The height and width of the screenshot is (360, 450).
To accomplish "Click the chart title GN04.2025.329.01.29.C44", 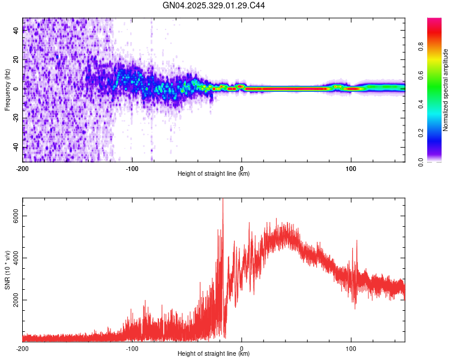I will pyautogui.click(x=214, y=5).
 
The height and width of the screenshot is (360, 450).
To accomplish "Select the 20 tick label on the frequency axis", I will pyautogui.click(x=16, y=60).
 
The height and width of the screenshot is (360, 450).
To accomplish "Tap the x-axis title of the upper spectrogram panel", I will pyautogui.click(x=214, y=174).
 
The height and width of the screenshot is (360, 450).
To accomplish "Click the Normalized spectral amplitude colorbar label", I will pyautogui.click(x=445, y=90).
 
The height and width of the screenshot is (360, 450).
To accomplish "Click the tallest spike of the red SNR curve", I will pyautogui.click(x=223, y=201).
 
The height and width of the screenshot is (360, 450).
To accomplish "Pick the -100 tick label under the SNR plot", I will pyautogui.click(x=132, y=349).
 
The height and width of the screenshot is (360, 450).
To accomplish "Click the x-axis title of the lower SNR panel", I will pyautogui.click(x=214, y=354).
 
